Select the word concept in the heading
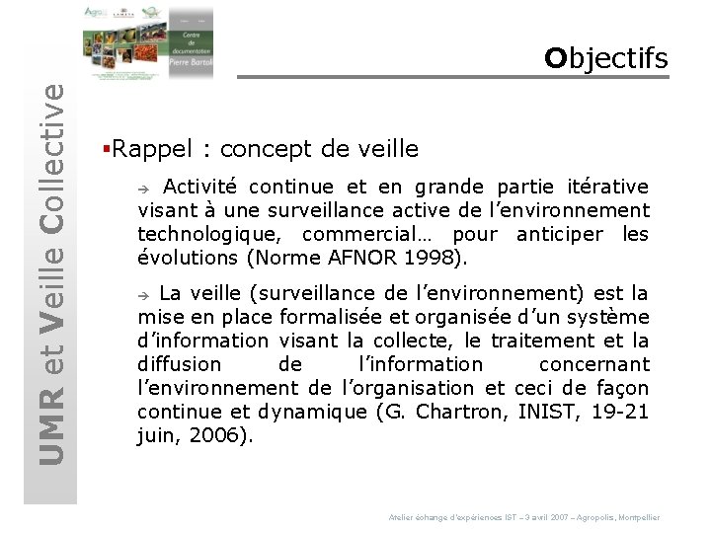pos(265,149)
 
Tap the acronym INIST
pos(546,412)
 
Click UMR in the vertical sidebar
pos(50,430)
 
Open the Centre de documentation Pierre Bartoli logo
pos(148,43)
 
